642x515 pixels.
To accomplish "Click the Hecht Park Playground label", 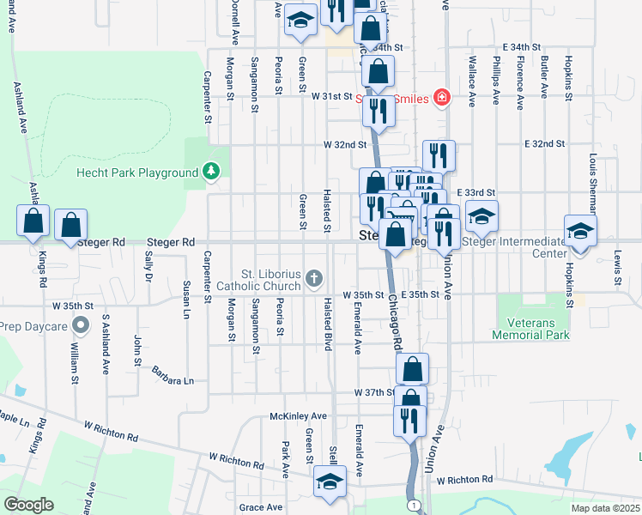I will click(138, 173).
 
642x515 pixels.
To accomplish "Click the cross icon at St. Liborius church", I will click(314, 278).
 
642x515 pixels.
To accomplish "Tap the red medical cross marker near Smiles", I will click(441, 98).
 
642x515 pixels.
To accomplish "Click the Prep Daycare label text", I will click(33, 325).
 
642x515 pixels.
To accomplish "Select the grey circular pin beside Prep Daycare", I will click(81, 325).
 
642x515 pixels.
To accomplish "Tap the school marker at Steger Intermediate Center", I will click(581, 229).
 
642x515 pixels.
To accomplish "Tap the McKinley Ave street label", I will click(297, 416).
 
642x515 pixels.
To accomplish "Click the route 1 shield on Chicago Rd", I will click(414, 505).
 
